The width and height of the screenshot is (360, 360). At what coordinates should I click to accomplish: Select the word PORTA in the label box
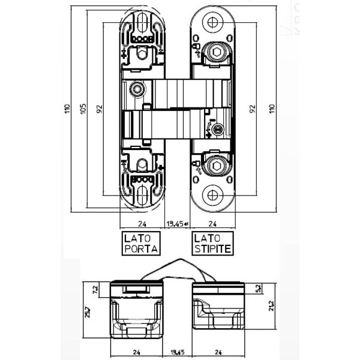point(138,248)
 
